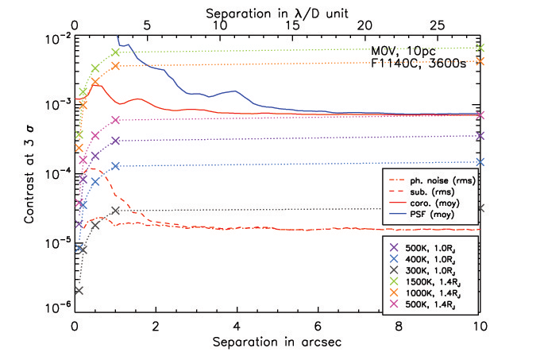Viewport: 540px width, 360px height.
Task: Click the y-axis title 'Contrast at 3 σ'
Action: click(x=29, y=168)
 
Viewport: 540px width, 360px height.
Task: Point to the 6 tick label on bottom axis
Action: click(x=318, y=324)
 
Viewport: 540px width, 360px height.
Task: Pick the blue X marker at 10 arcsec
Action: click(x=480, y=162)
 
